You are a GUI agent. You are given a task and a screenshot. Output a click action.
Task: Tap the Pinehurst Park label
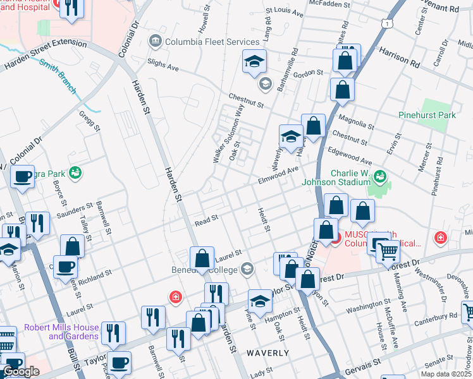click(427, 116)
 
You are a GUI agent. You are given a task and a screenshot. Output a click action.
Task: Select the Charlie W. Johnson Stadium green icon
click(380, 175)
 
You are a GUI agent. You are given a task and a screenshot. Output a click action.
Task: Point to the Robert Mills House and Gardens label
click(61, 332)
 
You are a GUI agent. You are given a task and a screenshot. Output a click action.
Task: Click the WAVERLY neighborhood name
click(268, 353)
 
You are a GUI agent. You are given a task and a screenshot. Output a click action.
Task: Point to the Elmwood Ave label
click(278, 175)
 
